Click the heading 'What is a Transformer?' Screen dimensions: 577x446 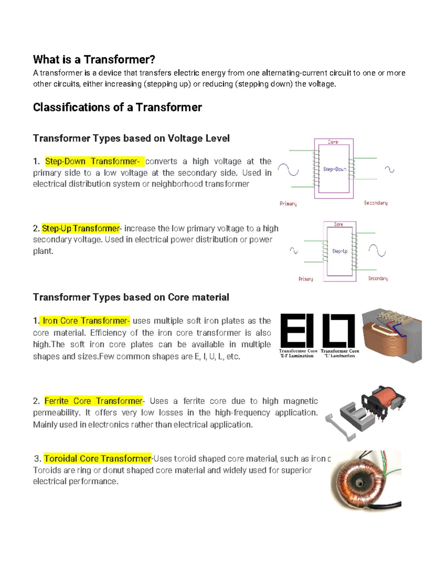pos(94,59)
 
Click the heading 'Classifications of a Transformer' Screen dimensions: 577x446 pos(117,107)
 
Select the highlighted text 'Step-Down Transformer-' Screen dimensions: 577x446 pos(93,161)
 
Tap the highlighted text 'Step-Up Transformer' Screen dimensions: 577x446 pos(81,228)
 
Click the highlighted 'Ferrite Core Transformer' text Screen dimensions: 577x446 pos(93,401)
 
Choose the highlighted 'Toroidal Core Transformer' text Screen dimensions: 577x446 pos(97,458)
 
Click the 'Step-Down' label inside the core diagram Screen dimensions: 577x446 pos(334,169)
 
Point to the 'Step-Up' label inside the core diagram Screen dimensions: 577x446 pos(340,251)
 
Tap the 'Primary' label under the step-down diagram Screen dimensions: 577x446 pos(288,204)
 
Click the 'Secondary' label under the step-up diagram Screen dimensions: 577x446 pos(378,278)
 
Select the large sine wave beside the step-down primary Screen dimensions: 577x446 pos(288,170)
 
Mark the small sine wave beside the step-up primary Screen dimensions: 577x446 pos(294,251)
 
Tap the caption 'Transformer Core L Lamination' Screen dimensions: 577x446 pos(340,353)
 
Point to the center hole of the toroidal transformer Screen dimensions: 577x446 pos(359,482)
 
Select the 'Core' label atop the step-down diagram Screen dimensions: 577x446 pos(333,142)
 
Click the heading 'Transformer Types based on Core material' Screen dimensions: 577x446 pos(131,297)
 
